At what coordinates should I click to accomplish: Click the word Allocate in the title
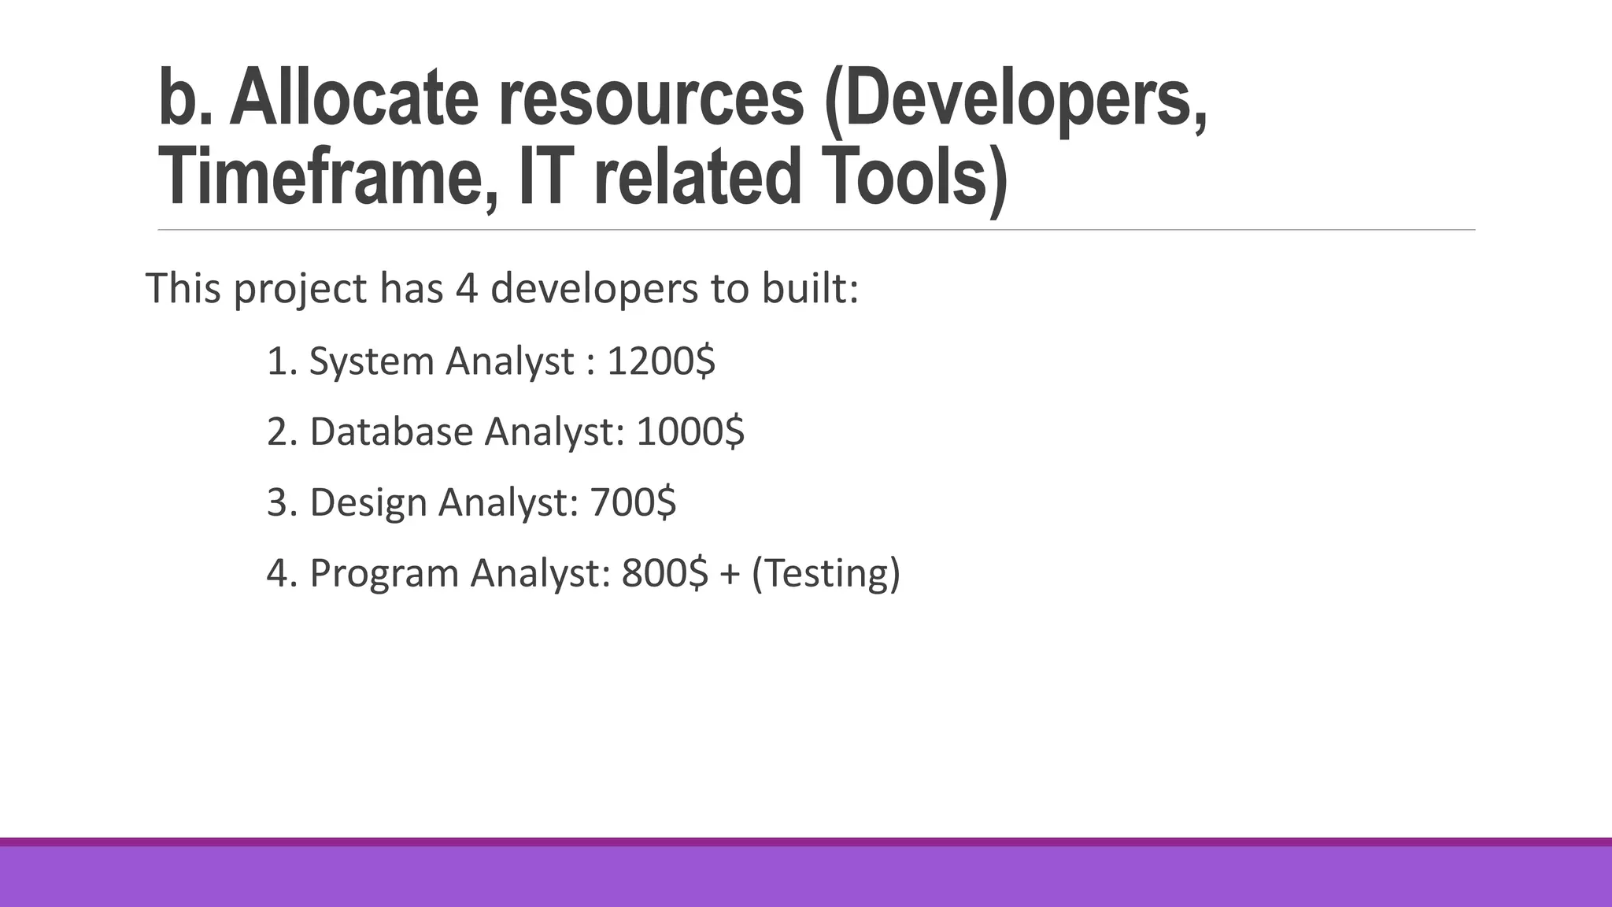tap(353, 98)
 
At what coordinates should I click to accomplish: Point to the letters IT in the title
tap(542, 176)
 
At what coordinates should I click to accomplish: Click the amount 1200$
tap(661, 361)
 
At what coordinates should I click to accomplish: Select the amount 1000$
tap(690, 431)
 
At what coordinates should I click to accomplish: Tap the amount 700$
tap(633, 502)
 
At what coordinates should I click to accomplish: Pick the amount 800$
tap(665, 573)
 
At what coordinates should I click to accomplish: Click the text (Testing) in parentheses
tap(826, 573)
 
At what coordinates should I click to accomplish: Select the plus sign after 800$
tap(730, 574)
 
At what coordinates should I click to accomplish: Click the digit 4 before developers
tap(467, 288)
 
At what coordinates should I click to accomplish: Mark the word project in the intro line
tap(300, 289)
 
